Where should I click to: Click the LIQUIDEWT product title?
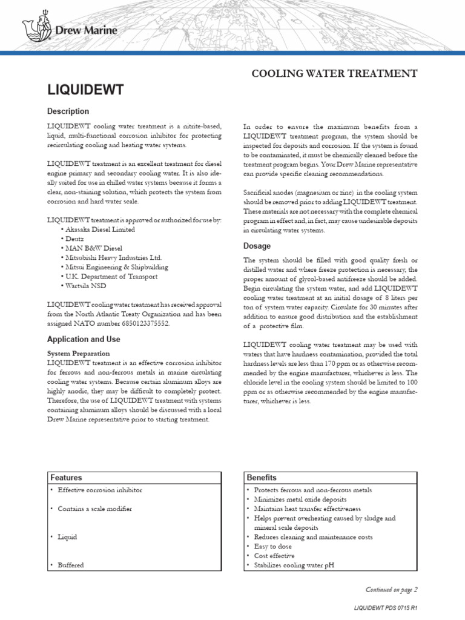pos(85,90)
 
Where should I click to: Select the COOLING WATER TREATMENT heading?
pos(334,73)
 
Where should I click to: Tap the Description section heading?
pos(68,111)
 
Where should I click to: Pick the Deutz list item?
pos(76,239)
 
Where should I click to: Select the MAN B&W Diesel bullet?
pos(94,248)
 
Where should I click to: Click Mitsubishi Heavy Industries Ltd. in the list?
pos(114,257)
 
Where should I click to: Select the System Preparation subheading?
pos(79,353)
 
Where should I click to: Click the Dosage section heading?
pos(257,246)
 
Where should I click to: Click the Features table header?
pos(66,478)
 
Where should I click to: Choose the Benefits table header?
pos(262,478)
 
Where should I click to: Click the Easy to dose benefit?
pos(274,546)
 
